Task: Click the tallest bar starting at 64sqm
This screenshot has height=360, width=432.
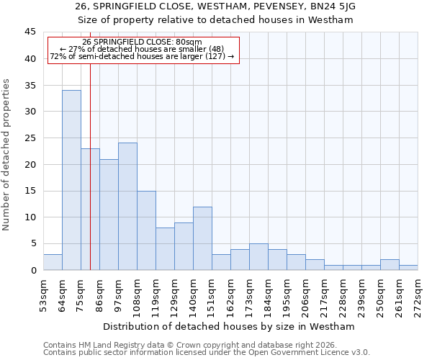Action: [x=71, y=180]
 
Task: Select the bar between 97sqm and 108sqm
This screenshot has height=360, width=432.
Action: [x=127, y=207]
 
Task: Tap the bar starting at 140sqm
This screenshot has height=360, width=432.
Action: [x=202, y=238]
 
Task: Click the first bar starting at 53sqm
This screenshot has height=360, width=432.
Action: [x=53, y=262]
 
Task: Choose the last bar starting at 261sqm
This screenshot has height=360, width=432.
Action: [x=408, y=267]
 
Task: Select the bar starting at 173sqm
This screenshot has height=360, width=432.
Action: [x=258, y=257]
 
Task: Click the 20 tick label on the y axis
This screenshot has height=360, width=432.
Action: [x=30, y=164]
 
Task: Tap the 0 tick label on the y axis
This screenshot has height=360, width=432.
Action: [x=33, y=270]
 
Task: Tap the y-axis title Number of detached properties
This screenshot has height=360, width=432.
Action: [x=7, y=155]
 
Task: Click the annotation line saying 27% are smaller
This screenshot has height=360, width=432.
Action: [x=143, y=49]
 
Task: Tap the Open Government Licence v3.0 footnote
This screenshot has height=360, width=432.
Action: [x=207, y=353]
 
